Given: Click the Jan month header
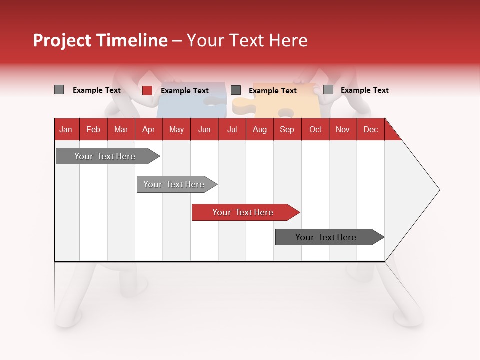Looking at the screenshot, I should (66, 129).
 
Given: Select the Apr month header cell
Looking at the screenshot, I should (148, 129).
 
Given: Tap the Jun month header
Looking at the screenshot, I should (204, 129).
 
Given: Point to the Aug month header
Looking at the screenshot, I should (259, 129).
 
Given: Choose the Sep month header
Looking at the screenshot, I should (287, 129).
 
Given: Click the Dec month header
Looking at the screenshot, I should (370, 129).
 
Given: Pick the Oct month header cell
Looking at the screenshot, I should (315, 129).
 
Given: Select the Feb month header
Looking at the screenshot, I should (93, 129).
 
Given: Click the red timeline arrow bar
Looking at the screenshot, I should (245, 212).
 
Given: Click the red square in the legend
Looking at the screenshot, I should (147, 90).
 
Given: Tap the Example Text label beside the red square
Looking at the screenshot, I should (184, 91).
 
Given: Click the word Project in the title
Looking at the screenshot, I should (62, 40).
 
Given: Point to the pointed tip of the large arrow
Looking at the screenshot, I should (438, 189).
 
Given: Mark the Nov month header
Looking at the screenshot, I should (343, 129).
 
